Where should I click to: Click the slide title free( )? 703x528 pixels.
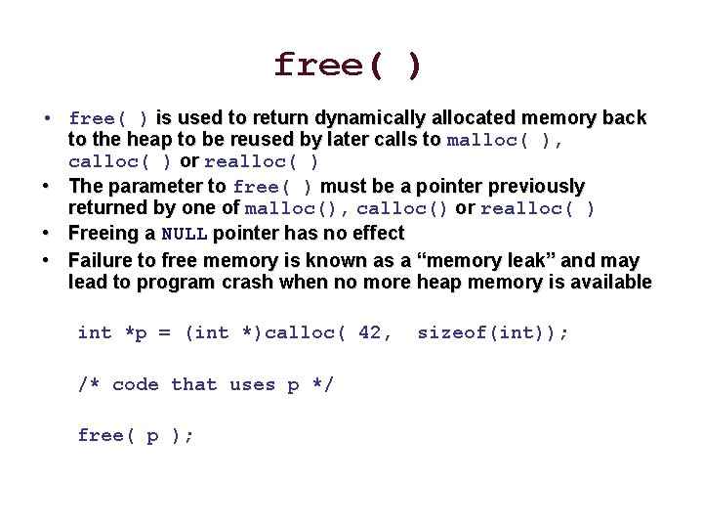coord(349,66)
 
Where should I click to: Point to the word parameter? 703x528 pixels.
coord(167,186)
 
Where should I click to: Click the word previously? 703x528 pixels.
coord(537,186)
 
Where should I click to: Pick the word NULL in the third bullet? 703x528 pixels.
coord(184,234)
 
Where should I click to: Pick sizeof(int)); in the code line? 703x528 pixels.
coord(492,332)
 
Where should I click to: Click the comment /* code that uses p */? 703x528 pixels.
coord(205,384)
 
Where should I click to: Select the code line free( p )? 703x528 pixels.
coord(136,436)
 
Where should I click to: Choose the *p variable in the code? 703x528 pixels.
coord(136,332)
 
